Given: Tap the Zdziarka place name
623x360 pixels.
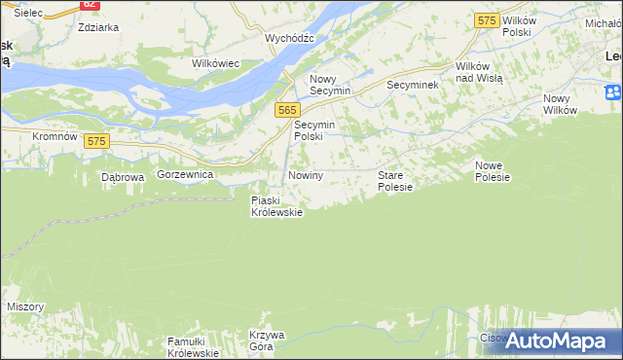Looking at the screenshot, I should pyautogui.click(x=97, y=27).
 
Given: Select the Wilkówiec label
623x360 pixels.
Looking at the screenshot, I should pyautogui.click(x=216, y=63).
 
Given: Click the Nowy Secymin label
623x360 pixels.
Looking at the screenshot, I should pyautogui.click(x=330, y=85).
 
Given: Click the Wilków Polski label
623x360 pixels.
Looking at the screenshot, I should pyautogui.click(x=516, y=26).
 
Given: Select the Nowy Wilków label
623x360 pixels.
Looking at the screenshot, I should pyautogui.click(x=560, y=103).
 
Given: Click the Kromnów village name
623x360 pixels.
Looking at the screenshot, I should pyautogui.click(x=55, y=137).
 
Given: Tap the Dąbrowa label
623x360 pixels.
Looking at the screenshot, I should pyautogui.click(x=123, y=177).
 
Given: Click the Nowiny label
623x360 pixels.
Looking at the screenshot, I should pyautogui.click(x=305, y=175).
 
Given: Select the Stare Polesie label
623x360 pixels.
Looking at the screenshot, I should pyautogui.click(x=395, y=181).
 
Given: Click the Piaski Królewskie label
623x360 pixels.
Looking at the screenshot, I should pyautogui.click(x=276, y=206).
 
